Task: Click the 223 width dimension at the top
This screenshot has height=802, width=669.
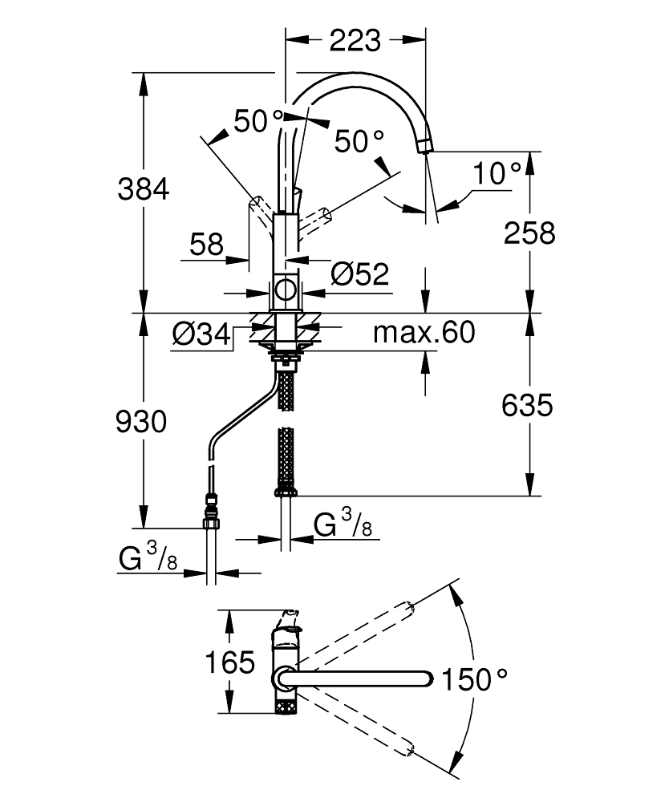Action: tap(355, 40)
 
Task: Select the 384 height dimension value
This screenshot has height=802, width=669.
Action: tap(144, 190)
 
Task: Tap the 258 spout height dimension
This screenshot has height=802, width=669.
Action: tap(529, 233)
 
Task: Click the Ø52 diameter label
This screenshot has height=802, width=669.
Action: tap(359, 274)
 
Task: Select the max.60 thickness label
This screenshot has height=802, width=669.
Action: tap(424, 332)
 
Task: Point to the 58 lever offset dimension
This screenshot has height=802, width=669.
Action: tap(206, 245)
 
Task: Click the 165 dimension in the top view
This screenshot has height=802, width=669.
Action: tap(229, 663)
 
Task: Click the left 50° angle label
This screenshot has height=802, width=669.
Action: tap(258, 122)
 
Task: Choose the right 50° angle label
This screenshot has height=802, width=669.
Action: tap(359, 142)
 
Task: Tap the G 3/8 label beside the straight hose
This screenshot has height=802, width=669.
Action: tap(341, 528)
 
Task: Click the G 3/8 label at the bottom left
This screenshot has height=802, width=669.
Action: tap(148, 560)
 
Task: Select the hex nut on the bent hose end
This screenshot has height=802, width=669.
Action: tap(211, 524)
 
